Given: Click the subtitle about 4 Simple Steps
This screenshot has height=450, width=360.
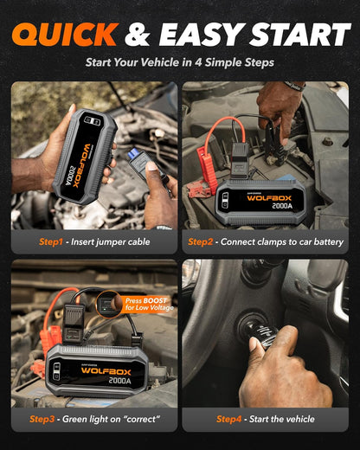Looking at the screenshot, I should point(180,62).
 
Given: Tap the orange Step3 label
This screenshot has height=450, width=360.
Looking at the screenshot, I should point(44,420).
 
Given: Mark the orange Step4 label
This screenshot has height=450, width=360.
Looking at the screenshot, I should point(229,420).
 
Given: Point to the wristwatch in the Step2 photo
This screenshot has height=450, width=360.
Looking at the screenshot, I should point(295,86).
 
